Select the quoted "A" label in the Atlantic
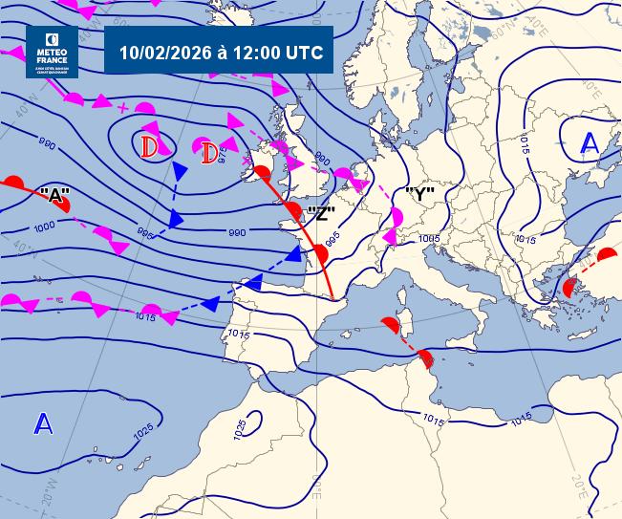(56, 195)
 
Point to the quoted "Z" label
(323, 213)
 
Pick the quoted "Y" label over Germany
(420, 194)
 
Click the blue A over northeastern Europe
(590, 143)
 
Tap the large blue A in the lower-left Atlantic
(42, 423)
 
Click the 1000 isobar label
(44, 227)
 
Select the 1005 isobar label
(429, 239)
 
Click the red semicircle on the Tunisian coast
(426, 360)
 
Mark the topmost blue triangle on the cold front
(179, 171)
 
